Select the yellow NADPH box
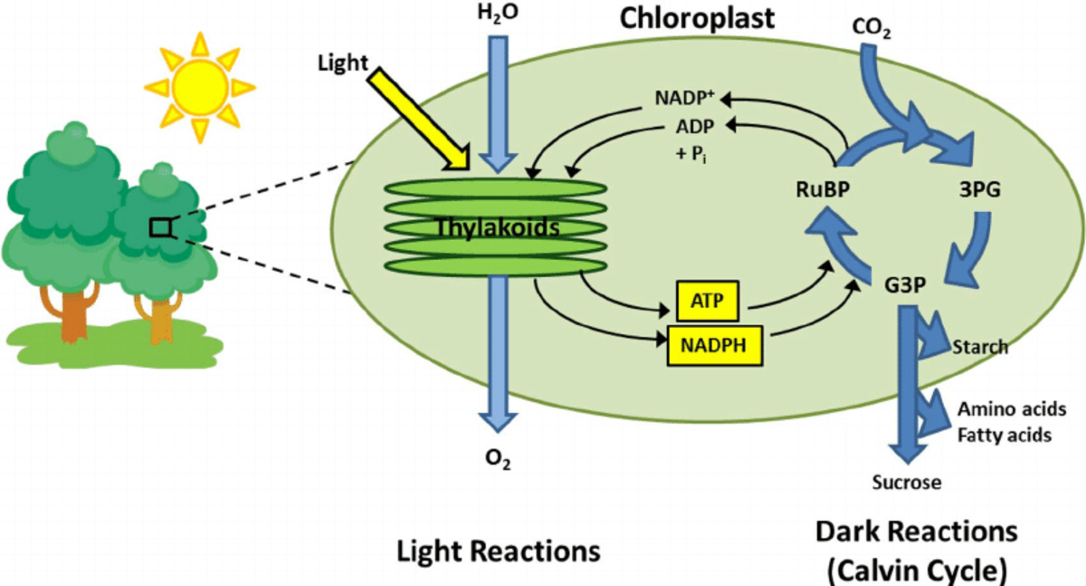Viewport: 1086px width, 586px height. click(713, 344)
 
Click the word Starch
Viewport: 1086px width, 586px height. click(980, 347)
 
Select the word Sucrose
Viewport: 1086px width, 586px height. click(906, 482)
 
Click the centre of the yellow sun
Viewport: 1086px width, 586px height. click(198, 84)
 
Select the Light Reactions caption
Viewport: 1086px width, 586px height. click(499, 551)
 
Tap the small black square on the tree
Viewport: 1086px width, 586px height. click(159, 226)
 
